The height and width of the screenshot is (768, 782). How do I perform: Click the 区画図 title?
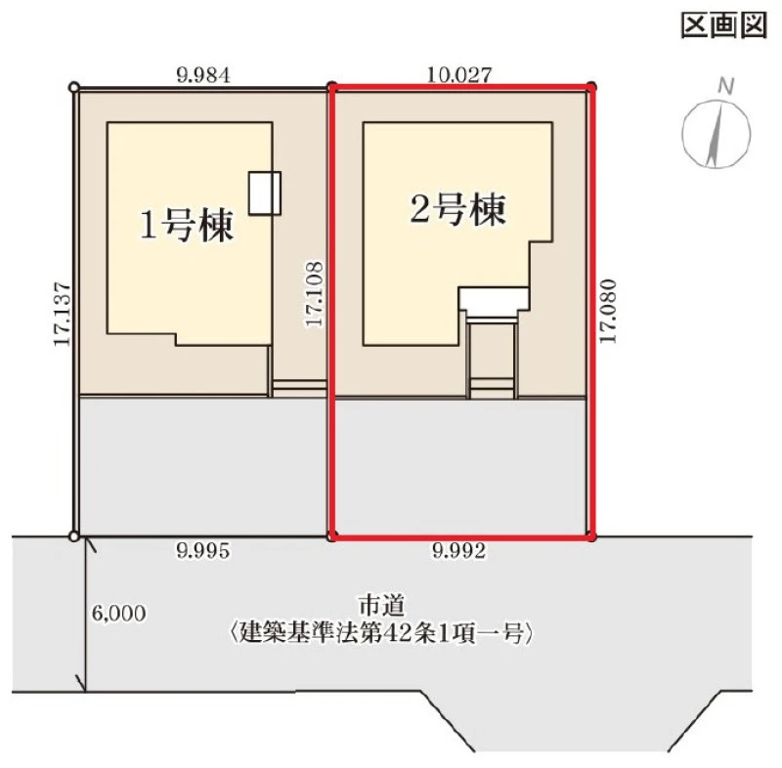tap(723, 25)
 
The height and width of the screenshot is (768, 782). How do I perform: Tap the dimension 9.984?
tap(203, 76)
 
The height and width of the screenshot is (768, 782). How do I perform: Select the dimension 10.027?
tap(459, 75)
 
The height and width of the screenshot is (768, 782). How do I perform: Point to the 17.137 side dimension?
tap(63, 314)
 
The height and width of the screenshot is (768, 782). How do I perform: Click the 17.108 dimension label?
tap(314, 294)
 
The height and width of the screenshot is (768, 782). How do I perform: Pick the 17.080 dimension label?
tap(608, 311)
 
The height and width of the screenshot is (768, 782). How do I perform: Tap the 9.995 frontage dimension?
tap(203, 551)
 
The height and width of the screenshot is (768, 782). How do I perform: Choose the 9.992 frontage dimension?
tap(458, 551)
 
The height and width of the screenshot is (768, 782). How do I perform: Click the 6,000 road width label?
tap(118, 614)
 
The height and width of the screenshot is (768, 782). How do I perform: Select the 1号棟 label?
tap(187, 226)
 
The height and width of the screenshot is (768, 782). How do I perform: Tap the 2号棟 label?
tap(457, 209)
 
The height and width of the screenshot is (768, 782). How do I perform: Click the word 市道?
tap(381, 606)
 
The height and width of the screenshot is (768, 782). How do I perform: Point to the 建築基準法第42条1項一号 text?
tap(381, 634)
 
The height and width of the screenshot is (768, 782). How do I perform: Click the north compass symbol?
tap(717, 133)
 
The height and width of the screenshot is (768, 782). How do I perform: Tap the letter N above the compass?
tap(726, 86)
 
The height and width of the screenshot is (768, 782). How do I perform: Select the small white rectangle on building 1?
tap(265, 192)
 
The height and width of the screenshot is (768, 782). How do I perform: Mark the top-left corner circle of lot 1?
tap(74, 88)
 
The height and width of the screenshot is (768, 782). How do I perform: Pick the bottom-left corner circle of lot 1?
tap(74, 536)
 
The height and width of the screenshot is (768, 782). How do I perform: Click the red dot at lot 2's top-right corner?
tap(591, 87)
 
